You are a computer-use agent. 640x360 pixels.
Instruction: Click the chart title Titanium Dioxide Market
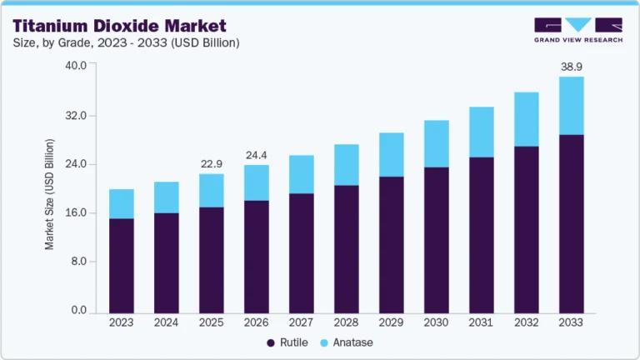coord(118,26)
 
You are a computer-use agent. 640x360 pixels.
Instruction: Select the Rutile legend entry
coord(287,342)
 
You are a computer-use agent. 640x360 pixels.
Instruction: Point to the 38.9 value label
coord(571,64)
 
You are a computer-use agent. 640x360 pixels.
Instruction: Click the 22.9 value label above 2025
coord(212,163)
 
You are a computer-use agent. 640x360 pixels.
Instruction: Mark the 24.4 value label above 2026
coord(257,154)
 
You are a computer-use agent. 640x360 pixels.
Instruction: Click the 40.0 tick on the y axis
coord(76,66)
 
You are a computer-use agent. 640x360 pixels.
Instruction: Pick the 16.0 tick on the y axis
coord(76,212)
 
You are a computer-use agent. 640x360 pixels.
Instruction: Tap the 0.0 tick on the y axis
coord(78,311)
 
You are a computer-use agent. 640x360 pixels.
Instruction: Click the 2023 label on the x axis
coord(122,322)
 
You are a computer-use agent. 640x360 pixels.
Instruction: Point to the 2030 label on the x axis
coord(436,322)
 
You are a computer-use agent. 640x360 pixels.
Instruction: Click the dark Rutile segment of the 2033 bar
coord(571,223)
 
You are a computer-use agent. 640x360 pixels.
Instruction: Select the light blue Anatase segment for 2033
coord(571,106)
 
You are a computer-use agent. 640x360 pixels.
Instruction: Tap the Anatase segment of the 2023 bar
coord(122,204)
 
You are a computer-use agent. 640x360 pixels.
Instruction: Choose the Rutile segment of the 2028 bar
coord(346,248)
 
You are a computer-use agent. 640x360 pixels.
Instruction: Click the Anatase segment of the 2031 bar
coord(481,132)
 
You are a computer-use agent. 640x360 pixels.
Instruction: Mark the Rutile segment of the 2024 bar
coord(167,262)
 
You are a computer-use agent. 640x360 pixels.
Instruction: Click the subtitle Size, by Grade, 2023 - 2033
coord(125,43)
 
